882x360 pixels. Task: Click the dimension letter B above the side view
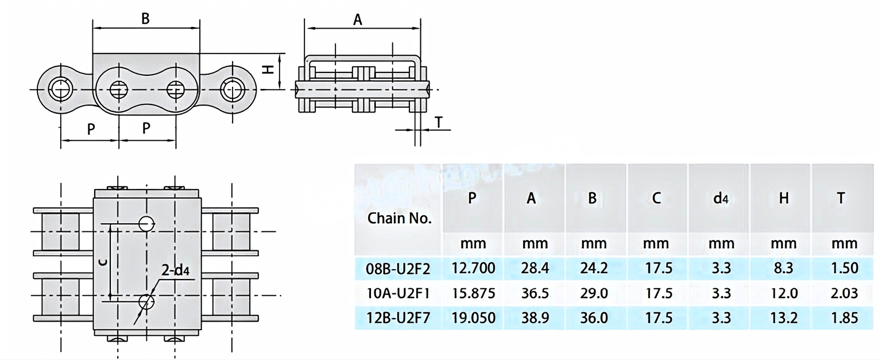coord(146,18)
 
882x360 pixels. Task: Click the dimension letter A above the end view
coord(358,20)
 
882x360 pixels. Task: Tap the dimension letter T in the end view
coord(439,122)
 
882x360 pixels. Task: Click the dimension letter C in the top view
coord(102,262)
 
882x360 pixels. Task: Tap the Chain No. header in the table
coord(400,218)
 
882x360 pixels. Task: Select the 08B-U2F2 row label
coord(397,268)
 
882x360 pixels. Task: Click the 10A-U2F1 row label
coord(397,293)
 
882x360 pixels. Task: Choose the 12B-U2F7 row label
coord(397,318)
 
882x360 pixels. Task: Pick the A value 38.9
coord(534,318)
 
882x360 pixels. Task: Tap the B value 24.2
coord(594,268)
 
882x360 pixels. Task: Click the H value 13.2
coord(784,318)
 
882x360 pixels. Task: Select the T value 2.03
coord(844,293)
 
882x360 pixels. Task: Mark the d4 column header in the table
coord(721,199)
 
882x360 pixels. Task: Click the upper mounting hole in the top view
coord(146,223)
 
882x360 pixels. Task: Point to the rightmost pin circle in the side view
coord(233,90)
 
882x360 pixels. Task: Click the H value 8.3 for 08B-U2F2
coord(784,268)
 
